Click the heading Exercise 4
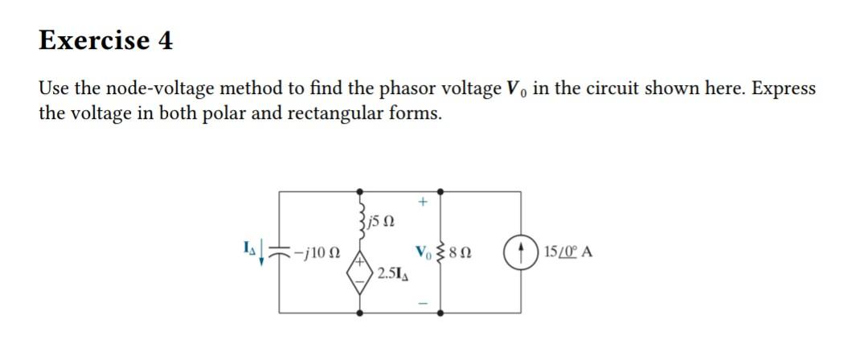point(105,40)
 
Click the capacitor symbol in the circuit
point(281,252)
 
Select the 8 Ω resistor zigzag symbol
point(440,252)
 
